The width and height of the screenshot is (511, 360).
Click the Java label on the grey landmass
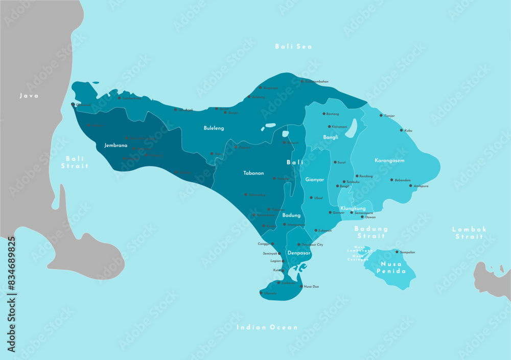29,96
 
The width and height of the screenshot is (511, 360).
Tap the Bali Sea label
293,47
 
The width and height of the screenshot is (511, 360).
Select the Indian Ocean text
267,327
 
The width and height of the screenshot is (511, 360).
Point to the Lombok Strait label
469,233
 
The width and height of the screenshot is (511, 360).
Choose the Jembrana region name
115,145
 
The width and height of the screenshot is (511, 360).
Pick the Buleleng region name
214,128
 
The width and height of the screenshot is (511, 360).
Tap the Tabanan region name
253,173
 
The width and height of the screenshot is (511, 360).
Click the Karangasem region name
389,161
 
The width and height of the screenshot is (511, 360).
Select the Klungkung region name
353,208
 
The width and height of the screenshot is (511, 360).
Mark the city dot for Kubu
401,130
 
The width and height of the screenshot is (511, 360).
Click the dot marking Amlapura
410,186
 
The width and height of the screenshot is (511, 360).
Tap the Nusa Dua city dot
301,286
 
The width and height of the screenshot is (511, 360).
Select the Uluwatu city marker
262,293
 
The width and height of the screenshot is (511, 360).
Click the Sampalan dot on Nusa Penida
397,252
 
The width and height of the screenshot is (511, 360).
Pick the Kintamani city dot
329,126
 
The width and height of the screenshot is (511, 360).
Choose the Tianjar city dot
381,116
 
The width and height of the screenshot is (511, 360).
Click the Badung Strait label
371,232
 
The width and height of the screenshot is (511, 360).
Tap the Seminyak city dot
280,253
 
